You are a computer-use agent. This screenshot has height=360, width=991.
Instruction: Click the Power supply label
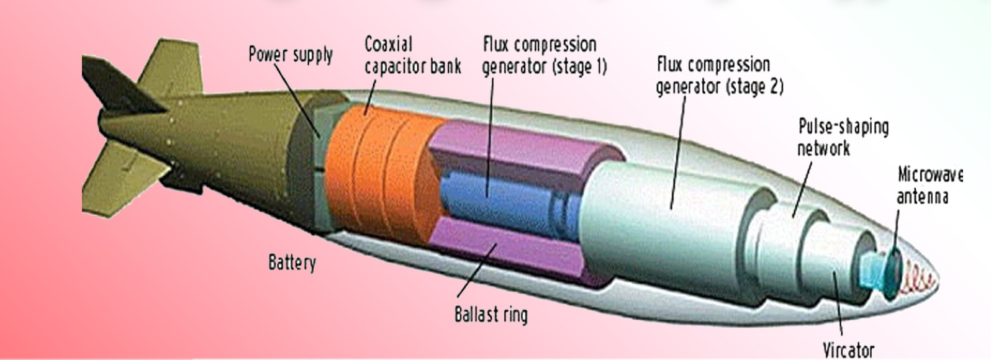click(290, 55)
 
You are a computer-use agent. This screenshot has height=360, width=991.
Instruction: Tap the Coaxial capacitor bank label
click(412, 55)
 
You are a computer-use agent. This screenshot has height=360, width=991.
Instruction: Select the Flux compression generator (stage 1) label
click(544, 55)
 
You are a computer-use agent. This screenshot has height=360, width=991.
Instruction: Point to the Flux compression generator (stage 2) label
click(719, 75)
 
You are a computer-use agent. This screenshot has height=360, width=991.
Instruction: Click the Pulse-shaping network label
click(843, 137)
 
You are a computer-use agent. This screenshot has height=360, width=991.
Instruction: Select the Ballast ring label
click(491, 314)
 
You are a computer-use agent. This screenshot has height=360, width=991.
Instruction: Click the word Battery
click(292, 263)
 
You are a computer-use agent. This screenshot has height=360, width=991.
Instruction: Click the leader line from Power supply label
click(297, 99)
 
